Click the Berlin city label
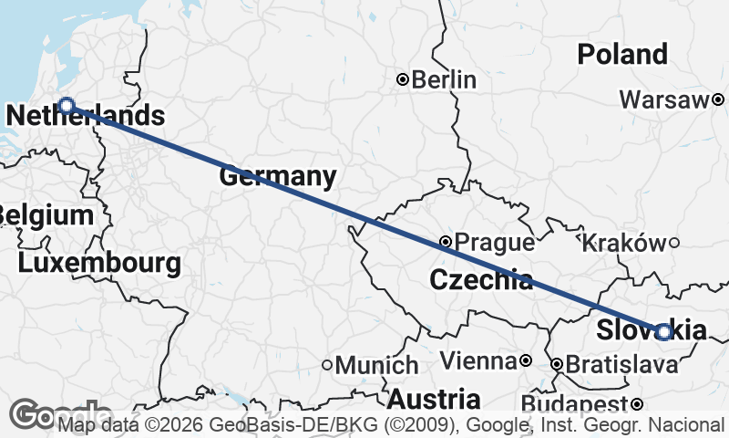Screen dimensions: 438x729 444,79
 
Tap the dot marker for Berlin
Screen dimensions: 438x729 402,79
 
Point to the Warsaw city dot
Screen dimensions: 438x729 718,99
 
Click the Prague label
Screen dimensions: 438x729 494,243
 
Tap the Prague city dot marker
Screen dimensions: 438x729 445,242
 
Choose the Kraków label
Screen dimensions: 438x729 623,243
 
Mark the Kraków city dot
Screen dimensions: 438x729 674,242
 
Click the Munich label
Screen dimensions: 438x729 377,365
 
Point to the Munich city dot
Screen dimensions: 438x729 327,365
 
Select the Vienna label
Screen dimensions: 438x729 477,361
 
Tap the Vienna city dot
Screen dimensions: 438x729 526,361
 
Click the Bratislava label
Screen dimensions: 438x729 621,365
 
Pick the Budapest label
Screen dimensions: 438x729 576,404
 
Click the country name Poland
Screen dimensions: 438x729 622,54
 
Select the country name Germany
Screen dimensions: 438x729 277,176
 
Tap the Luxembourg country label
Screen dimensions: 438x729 99,264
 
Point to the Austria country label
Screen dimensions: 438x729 434,399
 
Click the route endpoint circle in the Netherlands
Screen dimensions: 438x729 66,105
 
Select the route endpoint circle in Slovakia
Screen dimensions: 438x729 664,332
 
